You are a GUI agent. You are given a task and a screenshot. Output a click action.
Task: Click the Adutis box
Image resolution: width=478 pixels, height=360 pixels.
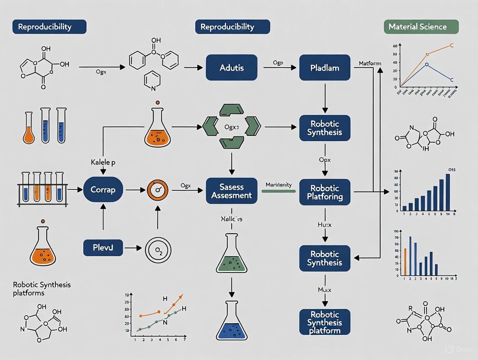click(x=232, y=67)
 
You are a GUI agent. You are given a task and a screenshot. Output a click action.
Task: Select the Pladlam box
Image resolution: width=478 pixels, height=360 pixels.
click(x=325, y=67)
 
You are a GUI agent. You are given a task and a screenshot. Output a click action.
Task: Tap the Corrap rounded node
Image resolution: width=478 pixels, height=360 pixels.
click(x=103, y=190)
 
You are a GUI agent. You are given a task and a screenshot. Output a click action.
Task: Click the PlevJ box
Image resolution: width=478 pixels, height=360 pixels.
click(x=103, y=248)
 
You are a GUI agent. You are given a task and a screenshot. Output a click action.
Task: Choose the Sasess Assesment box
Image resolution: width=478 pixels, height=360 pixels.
click(x=232, y=191)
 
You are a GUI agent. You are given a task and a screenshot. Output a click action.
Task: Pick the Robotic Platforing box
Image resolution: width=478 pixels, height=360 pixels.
click(x=325, y=192)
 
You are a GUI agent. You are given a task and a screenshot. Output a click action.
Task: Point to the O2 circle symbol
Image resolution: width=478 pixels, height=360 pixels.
click(x=157, y=249)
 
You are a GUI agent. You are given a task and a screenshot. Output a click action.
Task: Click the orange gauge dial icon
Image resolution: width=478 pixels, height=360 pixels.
click(x=157, y=190)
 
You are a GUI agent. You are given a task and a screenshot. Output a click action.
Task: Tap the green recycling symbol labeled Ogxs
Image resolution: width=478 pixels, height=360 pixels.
click(x=232, y=126)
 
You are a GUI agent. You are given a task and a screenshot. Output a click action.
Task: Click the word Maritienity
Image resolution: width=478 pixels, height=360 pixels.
click(x=278, y=185)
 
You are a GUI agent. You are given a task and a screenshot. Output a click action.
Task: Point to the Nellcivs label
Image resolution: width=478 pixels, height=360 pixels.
click(x=232, y=219)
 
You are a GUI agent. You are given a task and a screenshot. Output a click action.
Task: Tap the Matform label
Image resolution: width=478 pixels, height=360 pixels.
click(x=370, y=64)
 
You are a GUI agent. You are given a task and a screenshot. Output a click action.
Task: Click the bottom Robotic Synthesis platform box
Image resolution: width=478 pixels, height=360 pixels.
click(x=325, y=322)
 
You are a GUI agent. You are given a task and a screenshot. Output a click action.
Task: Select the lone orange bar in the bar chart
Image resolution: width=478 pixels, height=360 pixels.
click(x=405, y=262)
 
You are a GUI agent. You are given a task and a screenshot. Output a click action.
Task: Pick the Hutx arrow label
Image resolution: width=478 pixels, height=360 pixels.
click(x=325, y=225)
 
